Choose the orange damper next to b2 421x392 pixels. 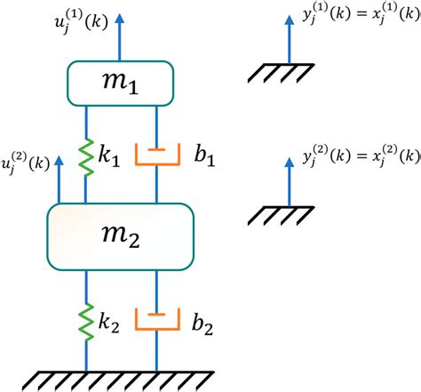[x=156, y=319]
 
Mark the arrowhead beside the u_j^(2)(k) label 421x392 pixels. [x=60, y=160]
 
